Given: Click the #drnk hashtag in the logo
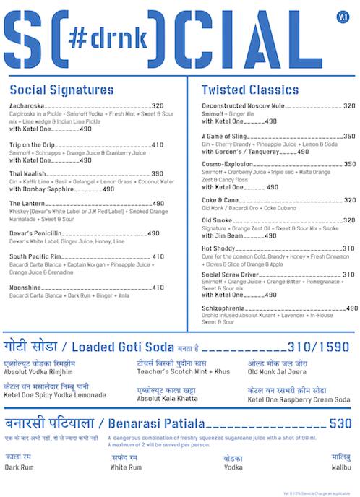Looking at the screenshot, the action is click(108, 36).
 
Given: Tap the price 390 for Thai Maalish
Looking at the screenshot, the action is click(157, 174).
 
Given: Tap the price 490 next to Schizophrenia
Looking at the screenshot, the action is click(352, 308).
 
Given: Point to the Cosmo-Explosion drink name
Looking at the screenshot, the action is click(228, 164).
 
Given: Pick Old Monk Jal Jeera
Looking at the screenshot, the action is click(278, 371).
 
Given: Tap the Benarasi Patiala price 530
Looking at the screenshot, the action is click(340, 423).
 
